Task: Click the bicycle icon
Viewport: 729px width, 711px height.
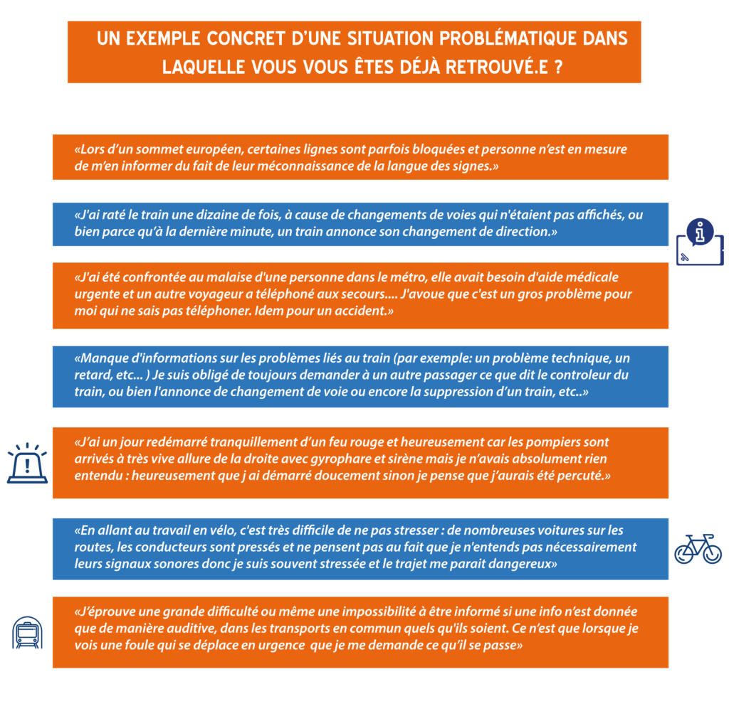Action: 698,549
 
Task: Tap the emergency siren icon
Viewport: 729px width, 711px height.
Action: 27,463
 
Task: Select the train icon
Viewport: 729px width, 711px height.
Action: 27,633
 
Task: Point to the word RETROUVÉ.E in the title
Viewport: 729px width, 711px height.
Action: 496,68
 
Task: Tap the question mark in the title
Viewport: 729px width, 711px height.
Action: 558,68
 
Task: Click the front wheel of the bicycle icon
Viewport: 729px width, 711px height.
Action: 712,554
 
